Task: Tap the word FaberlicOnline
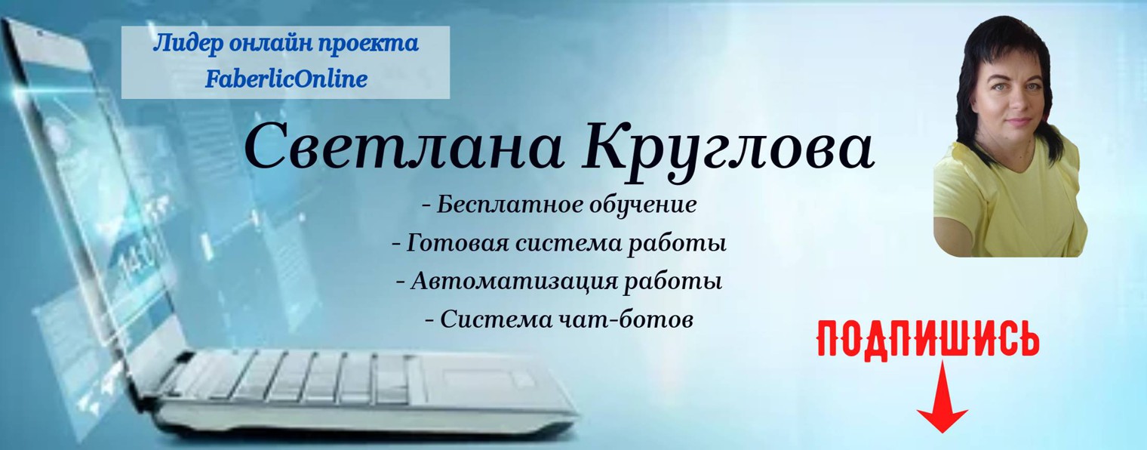pyautogui.click(x=286, y=78)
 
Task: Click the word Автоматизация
pyautogui.click(x=515, y=282)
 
